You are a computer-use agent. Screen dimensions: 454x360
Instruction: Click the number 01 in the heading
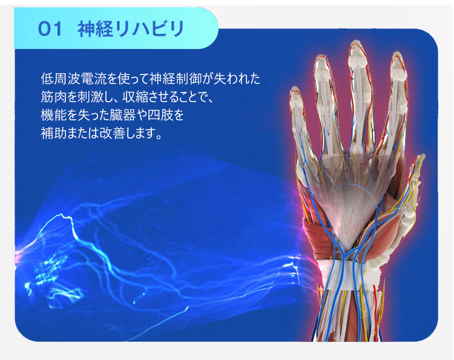click(x=50, y=30)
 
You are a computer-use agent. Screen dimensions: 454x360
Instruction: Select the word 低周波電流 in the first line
click(x=73, y=79)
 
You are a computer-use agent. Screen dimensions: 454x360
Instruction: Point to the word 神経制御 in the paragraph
click(x=175, y=79)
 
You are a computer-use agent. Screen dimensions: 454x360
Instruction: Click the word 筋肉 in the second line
click(x=54, y=97)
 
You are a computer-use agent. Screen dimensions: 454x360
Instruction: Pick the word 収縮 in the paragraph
click(x=135, y=97)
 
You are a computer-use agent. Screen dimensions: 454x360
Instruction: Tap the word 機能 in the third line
click(x=54, y=115)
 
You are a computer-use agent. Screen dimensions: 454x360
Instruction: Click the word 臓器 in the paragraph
click(x=122, y=115)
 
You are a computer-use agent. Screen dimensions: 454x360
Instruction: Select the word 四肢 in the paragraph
click(x=160, y=115)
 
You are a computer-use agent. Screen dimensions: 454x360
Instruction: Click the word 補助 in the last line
click(x=54, y=133)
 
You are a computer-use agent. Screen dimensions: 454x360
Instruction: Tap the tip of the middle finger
click(x=355, y=42)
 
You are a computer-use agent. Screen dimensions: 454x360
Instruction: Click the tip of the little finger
click(x=295, y=88)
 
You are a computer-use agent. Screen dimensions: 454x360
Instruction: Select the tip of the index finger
click(x=398, y=53)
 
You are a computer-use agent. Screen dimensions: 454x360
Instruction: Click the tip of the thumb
click(x=421, y=156)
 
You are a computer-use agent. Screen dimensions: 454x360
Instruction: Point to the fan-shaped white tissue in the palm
click(x=350, y=214)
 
